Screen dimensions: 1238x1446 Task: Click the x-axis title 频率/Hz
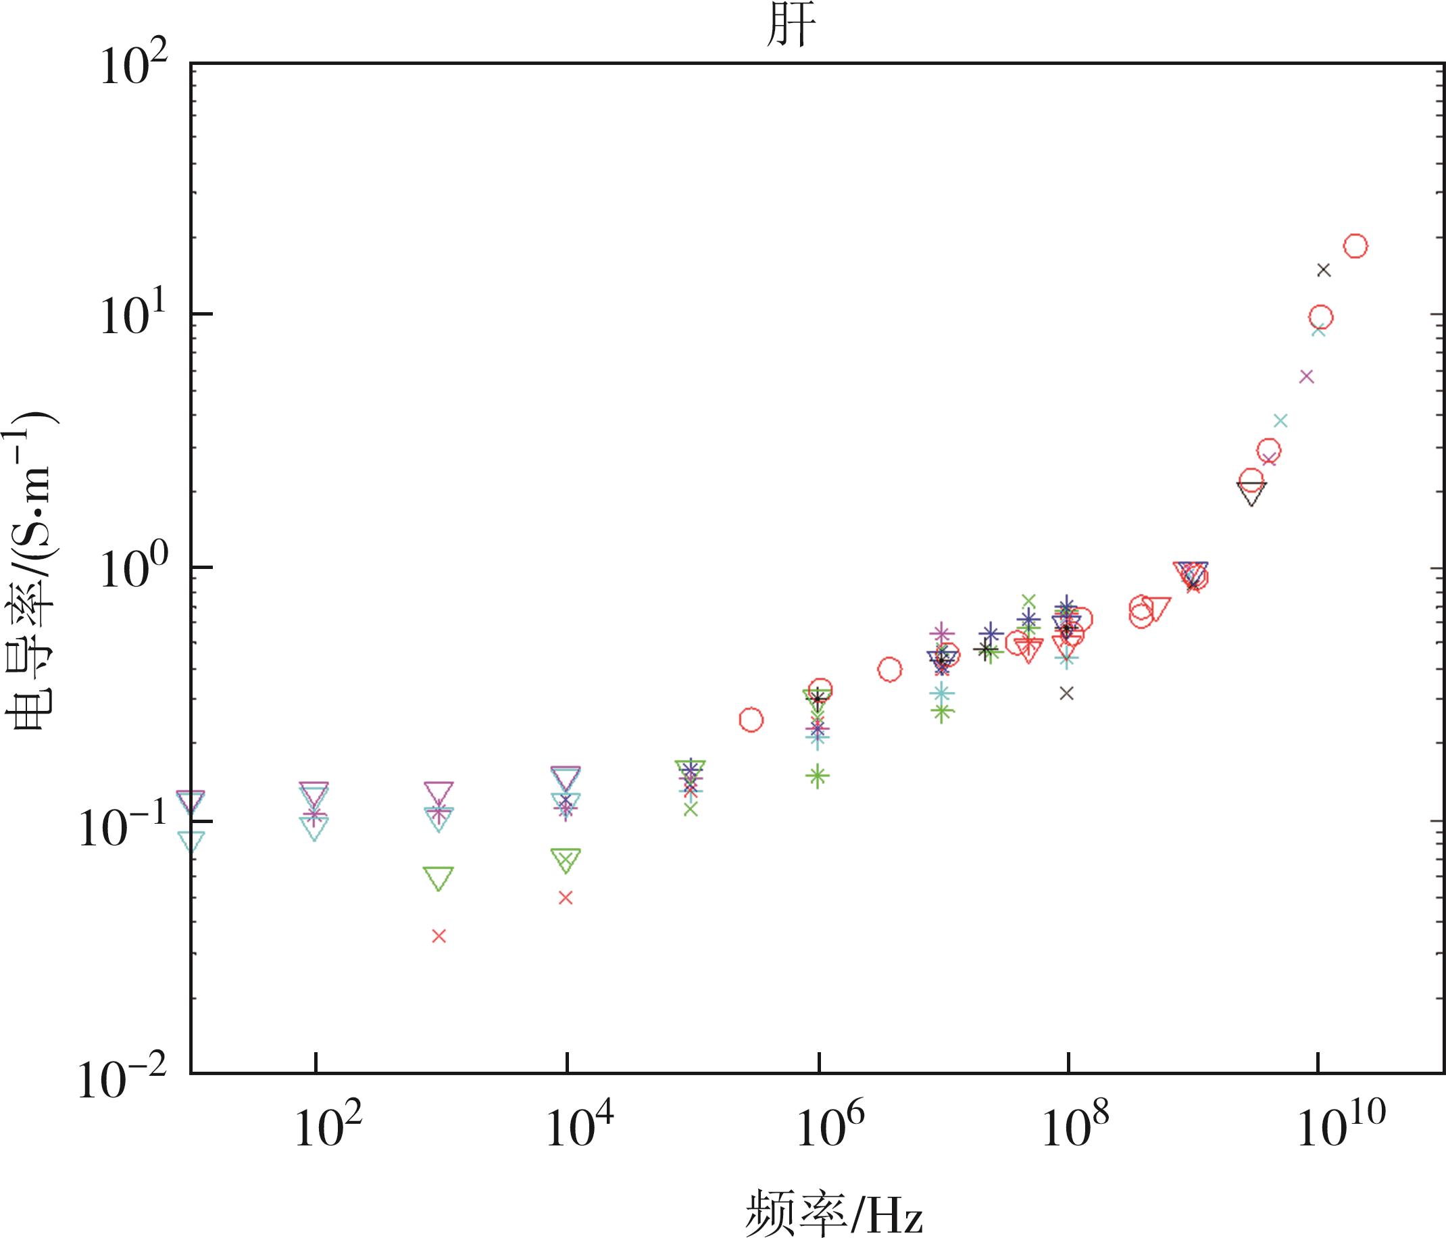pyautogui.click(x=833, y=1212)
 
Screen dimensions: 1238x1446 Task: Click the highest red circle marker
pyautogui.click(x=1355, y=246)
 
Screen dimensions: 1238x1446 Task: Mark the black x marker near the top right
pyautogui.click(x=1324, y=270)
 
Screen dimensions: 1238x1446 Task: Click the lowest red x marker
pyautogui.click(x=439, y=937)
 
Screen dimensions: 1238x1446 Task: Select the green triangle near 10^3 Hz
pyautogui.click(x=439, y=878)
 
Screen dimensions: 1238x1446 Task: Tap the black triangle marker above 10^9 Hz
pyautogui.click(x=1252, y=493)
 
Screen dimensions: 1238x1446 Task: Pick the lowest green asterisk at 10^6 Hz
pyautogui.click(x=818, y=775)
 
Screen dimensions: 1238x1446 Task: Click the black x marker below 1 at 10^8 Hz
pyautogui.click(x=1066, y=693)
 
